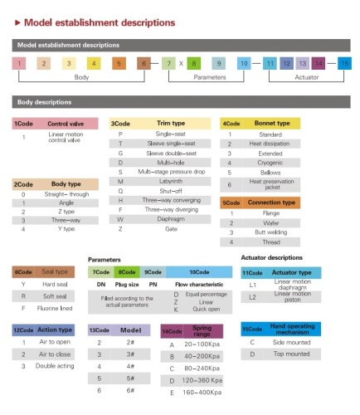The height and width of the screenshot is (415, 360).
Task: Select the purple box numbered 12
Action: tap(286, 63)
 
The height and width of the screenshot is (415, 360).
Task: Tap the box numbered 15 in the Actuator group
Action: tap(344, 63)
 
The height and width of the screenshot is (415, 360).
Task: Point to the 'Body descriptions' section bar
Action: tap(180, 103)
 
